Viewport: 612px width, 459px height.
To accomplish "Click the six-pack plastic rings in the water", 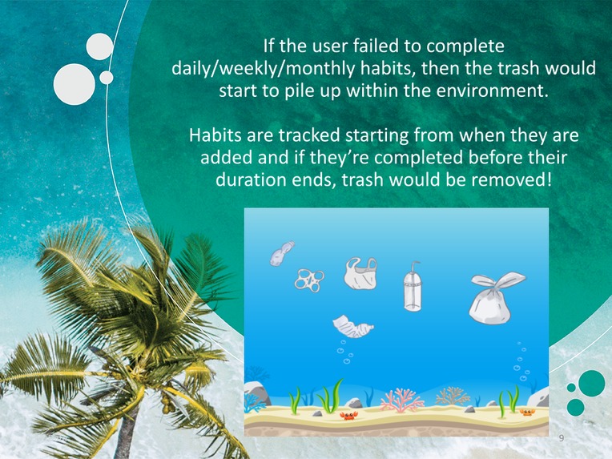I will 308,280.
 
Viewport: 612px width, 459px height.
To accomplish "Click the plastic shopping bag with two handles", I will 360,274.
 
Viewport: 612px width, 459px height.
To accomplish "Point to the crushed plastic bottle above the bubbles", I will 353,326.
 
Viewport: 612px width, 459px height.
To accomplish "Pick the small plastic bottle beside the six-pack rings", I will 281,254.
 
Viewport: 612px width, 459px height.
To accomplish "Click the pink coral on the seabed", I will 402,399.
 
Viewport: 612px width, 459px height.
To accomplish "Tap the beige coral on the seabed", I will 453,396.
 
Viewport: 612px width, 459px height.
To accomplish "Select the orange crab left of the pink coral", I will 348,415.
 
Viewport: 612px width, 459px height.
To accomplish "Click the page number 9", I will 561,438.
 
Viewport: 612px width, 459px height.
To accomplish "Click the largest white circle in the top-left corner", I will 74,84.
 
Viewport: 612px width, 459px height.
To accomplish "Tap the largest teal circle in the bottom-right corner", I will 592,383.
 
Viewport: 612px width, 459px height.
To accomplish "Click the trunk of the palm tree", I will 128,425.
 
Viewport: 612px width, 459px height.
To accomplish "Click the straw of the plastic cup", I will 413,266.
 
